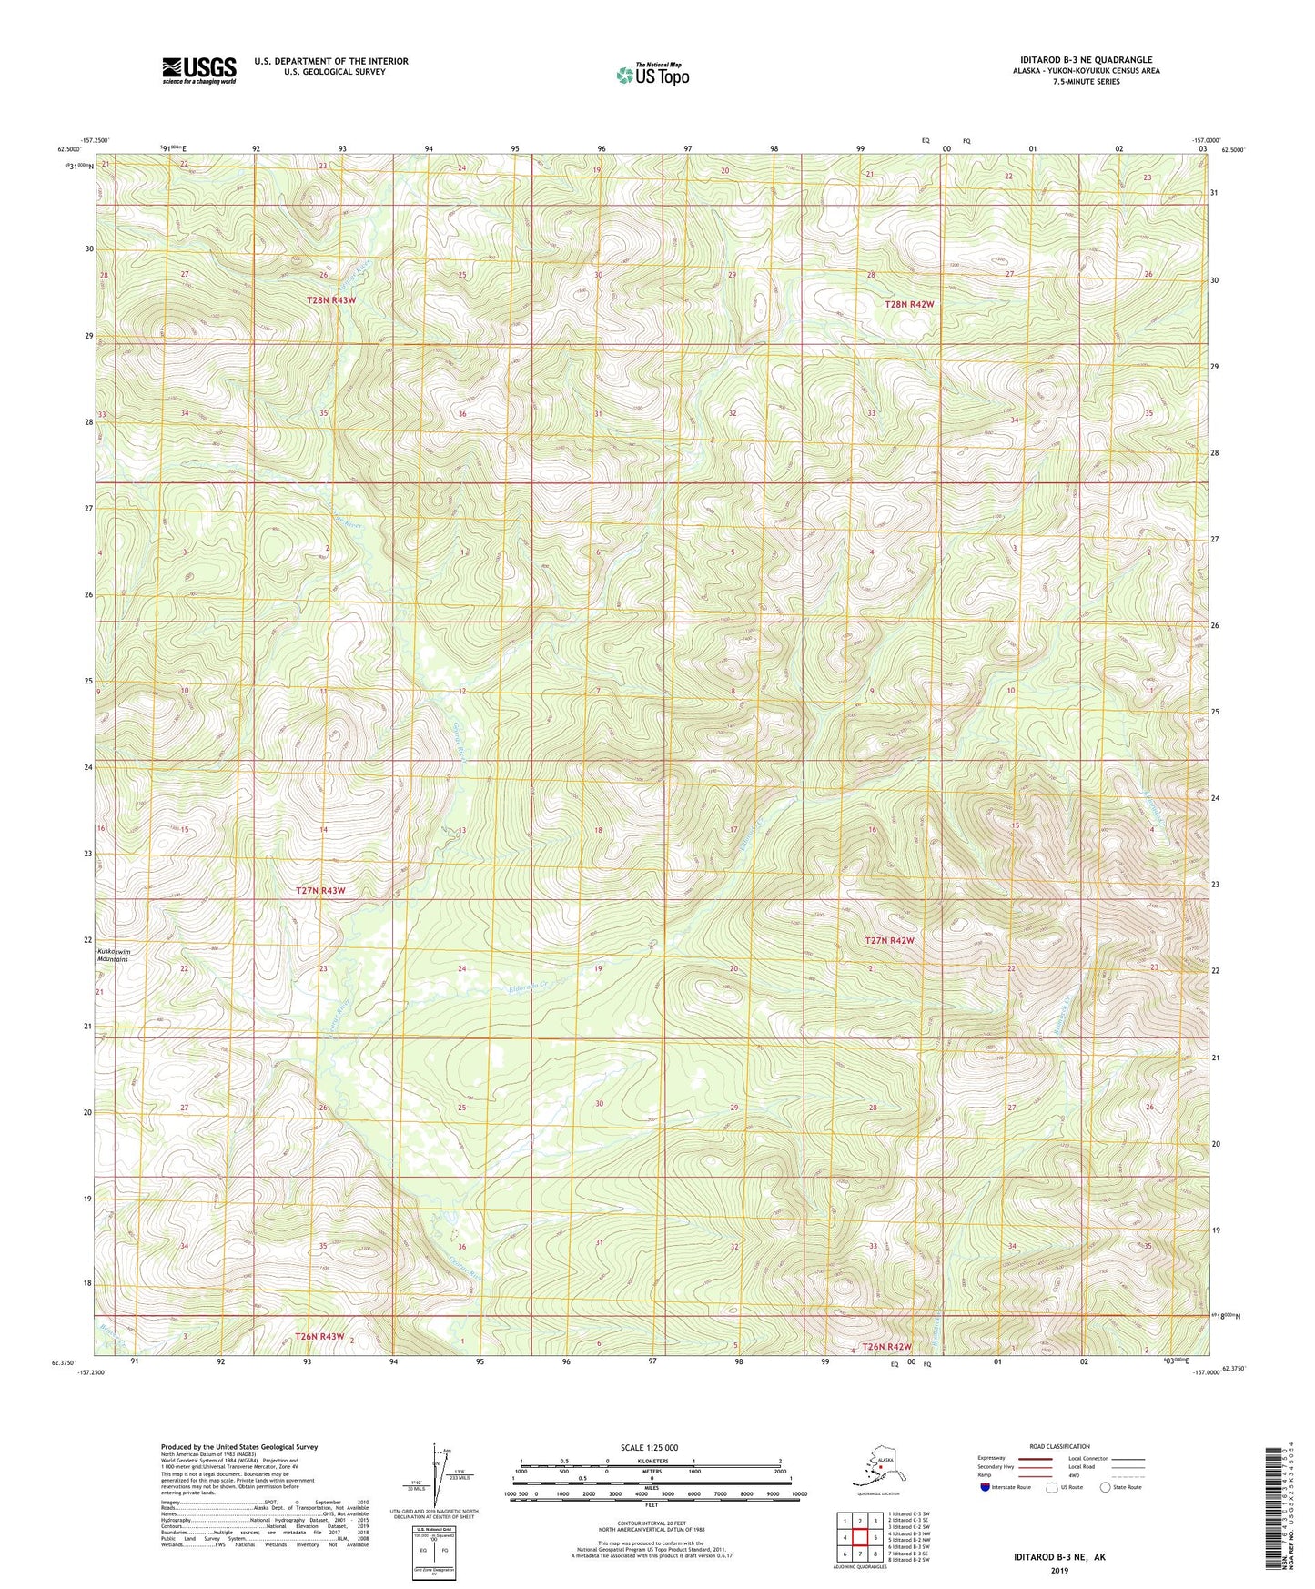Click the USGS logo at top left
pos(199,70)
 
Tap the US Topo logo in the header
pos(652,75)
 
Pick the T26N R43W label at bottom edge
pos(319,1336)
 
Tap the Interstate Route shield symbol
pos(986,1487)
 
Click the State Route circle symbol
pos(1105,1487)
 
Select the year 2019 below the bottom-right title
pos(1059,1571)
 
